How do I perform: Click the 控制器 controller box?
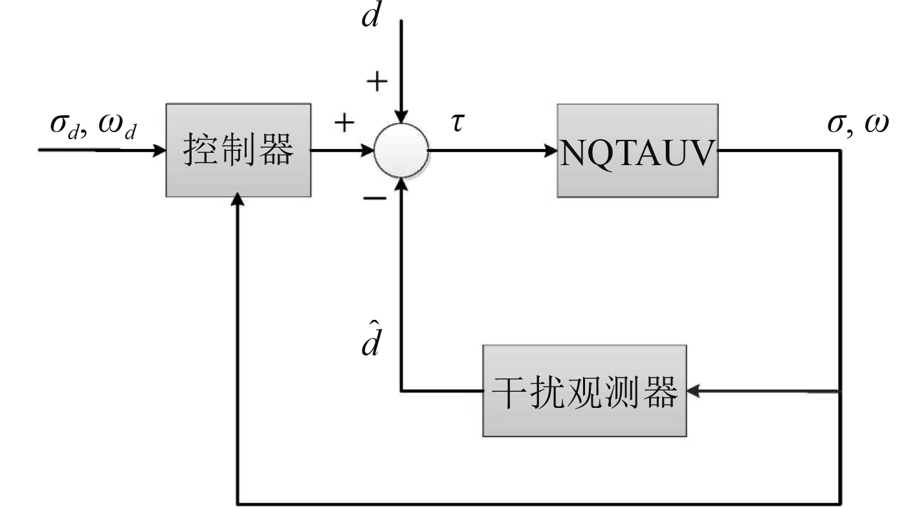coord(238,150)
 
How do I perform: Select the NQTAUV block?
coord(638,150)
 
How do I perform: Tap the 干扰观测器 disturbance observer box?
coord(584,390)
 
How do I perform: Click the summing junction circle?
coord(401,151)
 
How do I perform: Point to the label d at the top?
coord(371,16)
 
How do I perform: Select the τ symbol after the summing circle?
coord(458,122)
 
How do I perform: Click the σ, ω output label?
coord(857,122)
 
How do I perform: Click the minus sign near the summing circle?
coord(374,197)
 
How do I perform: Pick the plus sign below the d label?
coord(377,82)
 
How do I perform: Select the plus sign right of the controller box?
coord(344,122)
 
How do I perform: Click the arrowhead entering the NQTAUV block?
coord(551,151)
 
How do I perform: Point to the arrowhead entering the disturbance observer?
coord(693,390)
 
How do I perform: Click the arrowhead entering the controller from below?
coord(239,203)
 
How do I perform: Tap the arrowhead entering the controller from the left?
coord(159,151)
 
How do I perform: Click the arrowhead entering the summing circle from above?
coord(401,118)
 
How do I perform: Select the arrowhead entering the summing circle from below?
coord(401,184)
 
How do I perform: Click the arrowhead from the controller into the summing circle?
coord(368,151)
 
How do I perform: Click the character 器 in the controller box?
coord(278,150)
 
